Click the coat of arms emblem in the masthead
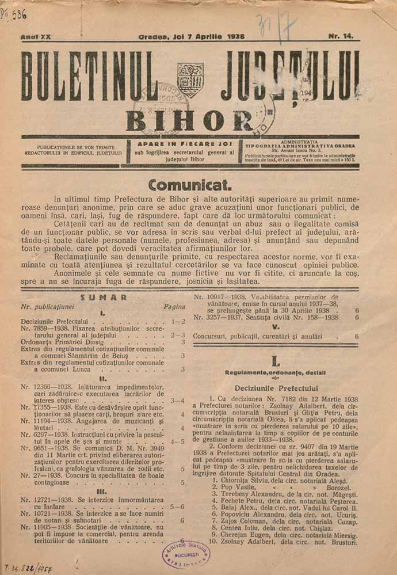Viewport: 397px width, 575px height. coord(190,79)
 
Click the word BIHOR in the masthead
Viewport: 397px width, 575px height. coord(189,120)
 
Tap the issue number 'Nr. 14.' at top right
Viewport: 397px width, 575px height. coord(341,36)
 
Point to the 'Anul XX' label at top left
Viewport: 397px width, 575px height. coord(35,37)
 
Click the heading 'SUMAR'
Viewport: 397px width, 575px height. coord(104,297)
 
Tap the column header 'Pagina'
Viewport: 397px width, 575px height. coord(174,307)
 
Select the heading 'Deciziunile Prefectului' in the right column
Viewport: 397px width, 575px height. coord(276,389)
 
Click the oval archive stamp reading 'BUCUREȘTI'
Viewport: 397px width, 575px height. coord(185,554)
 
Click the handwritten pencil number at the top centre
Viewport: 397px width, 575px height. coord(285,25)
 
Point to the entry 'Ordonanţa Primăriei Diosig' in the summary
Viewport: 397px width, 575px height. coord(69,341)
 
